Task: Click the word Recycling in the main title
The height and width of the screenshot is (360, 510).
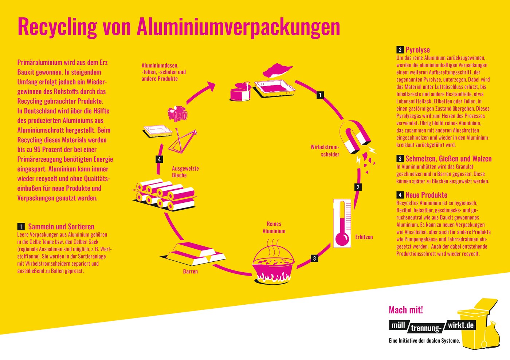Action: (x=57, y=27)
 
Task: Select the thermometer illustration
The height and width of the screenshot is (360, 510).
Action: (x=342, y=223)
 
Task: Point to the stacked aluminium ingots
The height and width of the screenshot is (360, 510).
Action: (x=197, y=253)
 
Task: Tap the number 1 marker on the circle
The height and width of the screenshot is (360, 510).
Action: (x=320, y=95)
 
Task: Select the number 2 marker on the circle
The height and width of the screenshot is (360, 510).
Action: (x=358, y=187)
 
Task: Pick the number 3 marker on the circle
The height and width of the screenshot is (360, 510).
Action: (x=314, y=258)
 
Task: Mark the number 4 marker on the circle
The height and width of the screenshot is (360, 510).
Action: (x=159, y=159)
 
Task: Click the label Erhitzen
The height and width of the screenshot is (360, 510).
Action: (x=364, y=237)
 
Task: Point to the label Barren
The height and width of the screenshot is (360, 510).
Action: (x=190, y=272)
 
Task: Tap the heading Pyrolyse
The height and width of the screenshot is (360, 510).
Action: (x=417, y=50)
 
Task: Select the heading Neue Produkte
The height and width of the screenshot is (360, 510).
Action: (x=426, y=195)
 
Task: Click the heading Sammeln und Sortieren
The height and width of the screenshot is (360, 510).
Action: (x=61, y=226)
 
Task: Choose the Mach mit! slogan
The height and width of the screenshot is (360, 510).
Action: (x=406, y=310)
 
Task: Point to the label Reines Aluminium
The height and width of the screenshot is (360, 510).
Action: (x=274, y=228)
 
